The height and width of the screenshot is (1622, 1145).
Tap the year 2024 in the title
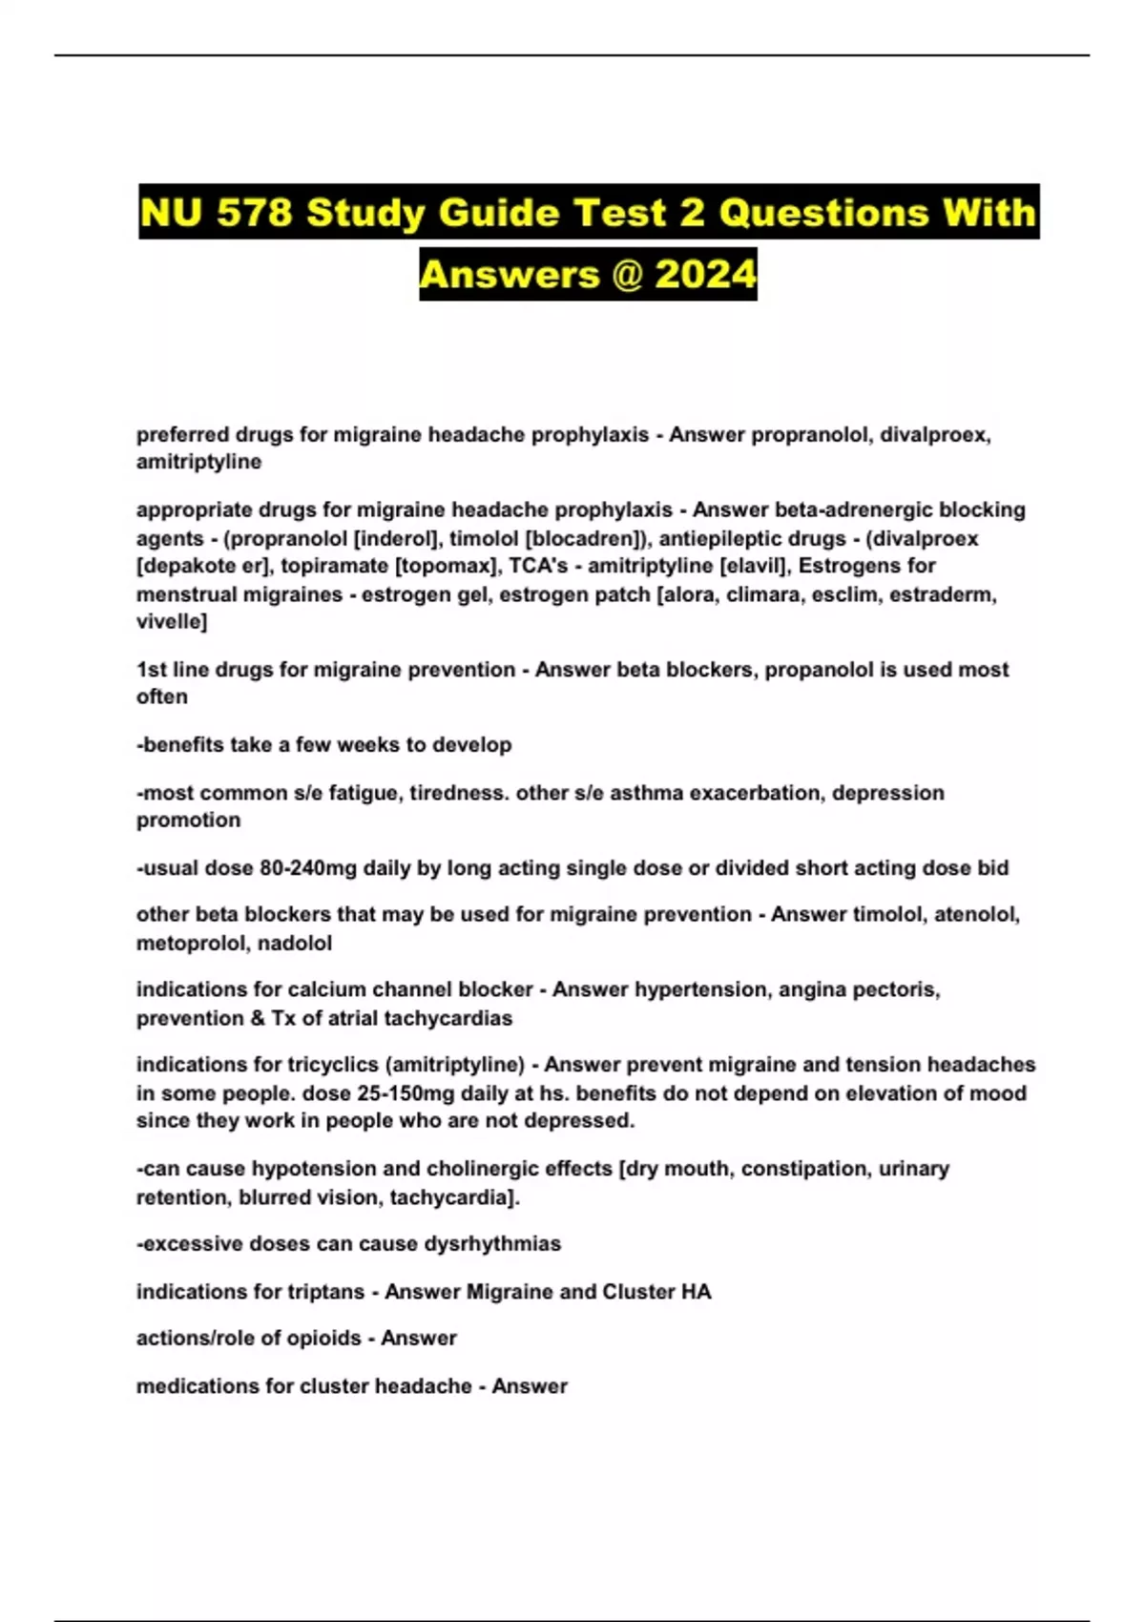click(705, 275)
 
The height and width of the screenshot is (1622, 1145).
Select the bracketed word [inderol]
click(398, 538)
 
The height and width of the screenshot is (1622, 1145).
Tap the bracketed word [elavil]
click(755, 566)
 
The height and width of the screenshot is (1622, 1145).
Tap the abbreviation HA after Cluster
click(696, 1292)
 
